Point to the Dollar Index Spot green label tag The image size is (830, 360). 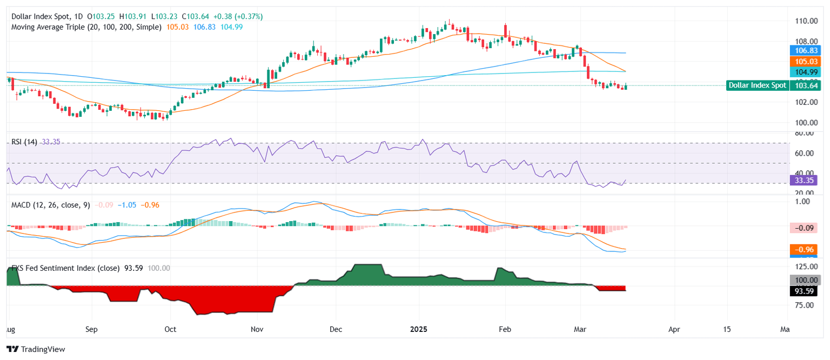pyautogui.click(x=757, y=85)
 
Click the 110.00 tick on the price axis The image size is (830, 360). pyautogui.click(x=805, y=21)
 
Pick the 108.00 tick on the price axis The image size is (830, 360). pyautogui.click(x=805, y=41)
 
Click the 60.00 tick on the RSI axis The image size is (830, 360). pyautogui.click(x=804, y=153)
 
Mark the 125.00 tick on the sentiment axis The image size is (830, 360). pyautogui.click(x=805, y=266)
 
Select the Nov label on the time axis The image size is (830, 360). pyautogui.click(x=257, y=329)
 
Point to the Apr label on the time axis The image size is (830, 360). pyautogui.click(x=673, y=329)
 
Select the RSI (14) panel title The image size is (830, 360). pyautogui.click(x=24, y=142)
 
